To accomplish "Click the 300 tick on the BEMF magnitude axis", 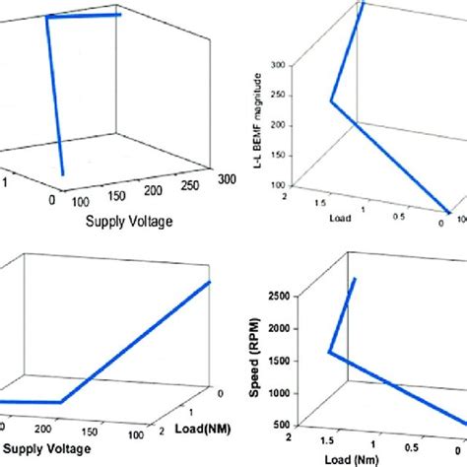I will tap(277, 64).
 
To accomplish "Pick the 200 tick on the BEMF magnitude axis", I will tap(277, 125).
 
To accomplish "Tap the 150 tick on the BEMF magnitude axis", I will tap(277, 155).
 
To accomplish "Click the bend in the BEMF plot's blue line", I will tap(332, 100).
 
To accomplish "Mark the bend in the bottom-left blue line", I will tap(61, 402).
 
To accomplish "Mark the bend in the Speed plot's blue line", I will tap(330, 352).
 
